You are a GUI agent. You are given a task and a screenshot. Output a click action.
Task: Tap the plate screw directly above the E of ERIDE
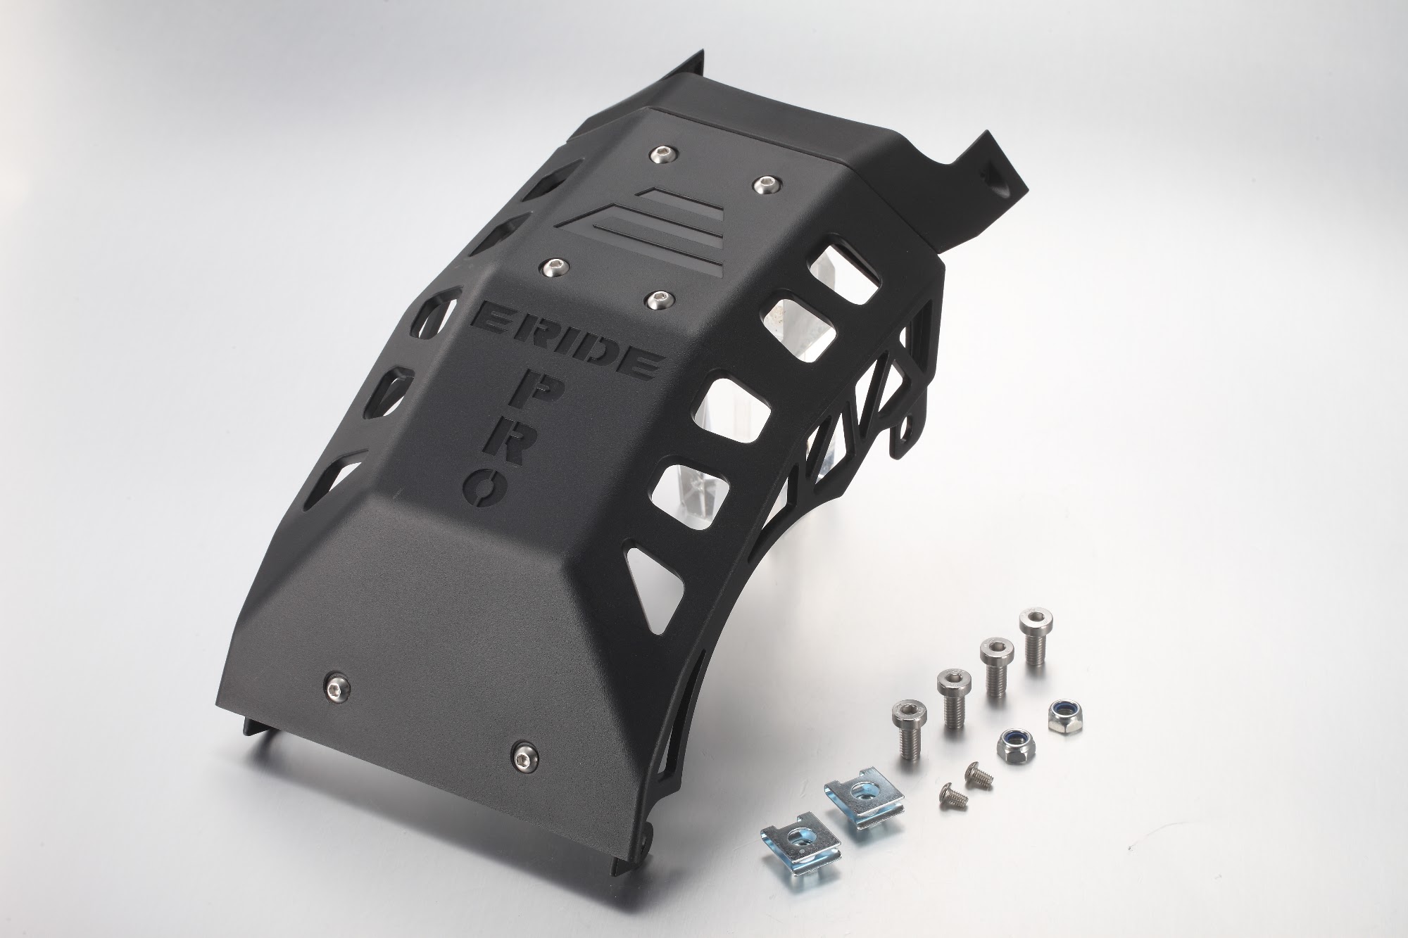[x=552, y=267]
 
